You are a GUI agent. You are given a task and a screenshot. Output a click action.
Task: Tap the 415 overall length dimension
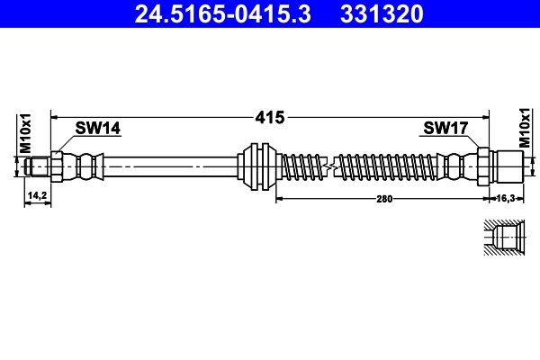coord(270,117)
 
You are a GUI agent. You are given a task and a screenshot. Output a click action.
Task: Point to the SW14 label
coord(97,129)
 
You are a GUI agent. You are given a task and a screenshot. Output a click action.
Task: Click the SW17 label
coord(445,129)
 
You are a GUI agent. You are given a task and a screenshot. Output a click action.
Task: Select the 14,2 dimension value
coord(37,194)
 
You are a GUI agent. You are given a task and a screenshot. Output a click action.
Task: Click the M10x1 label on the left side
coord(26,131)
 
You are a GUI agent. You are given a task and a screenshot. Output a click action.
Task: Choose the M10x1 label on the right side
coord(526,131)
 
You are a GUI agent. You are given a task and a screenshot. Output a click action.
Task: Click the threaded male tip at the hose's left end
coord(38,166)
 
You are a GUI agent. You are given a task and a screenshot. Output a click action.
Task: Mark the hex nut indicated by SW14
coord(58,166)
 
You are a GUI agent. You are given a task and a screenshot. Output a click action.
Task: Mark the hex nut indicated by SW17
coord(483,166)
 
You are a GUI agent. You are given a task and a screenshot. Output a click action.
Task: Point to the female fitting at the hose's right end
coord(509,166)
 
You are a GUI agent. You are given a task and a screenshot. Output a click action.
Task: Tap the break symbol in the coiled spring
coord(332,166)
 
